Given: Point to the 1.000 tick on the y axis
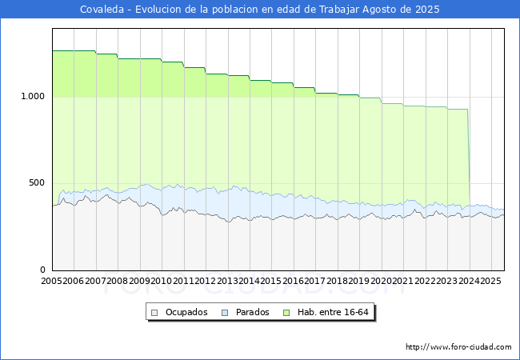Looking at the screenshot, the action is [x=33, y=97].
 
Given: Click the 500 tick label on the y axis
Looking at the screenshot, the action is [x=37, y=183].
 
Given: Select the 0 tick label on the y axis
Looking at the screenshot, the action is [x=42, y=270].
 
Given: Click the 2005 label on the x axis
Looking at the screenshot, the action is [x=51, y=281].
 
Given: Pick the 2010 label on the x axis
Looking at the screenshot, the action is [x=161, y=281].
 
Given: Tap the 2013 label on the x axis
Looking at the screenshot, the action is [x=227, y=281].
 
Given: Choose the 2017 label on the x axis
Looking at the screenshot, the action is [x=315, y=281].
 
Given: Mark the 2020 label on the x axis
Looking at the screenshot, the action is [x=381, y=281].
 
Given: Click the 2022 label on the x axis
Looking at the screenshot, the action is [x=425, y=281].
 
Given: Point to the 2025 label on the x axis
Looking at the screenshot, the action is [x=491, y=281].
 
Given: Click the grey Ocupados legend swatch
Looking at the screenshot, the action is [x=154, y=313].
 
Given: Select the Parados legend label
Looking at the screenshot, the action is [x=252, y=312].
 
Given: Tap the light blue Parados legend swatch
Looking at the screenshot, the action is [x=225, y=313].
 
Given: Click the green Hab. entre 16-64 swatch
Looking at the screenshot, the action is [x=286, y=313].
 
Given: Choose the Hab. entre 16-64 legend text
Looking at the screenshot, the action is [x=333, y=312].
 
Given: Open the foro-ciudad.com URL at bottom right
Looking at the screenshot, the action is [x=458, y=347].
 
